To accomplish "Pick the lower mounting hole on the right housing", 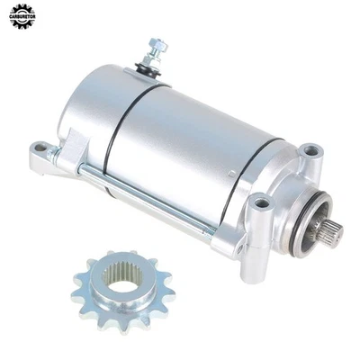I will pos(261,203).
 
